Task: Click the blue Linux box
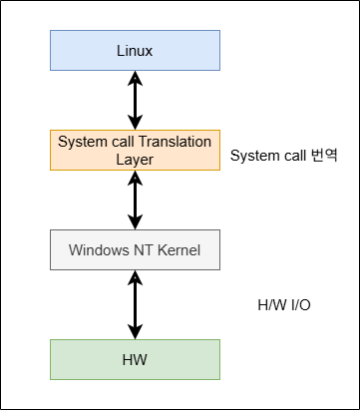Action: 135,51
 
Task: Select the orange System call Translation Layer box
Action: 135,151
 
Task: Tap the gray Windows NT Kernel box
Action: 135,250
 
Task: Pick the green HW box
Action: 135,359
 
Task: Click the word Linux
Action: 135,51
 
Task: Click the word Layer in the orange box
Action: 135,160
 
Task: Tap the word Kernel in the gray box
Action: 179,250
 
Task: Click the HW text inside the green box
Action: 135,360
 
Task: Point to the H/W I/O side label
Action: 284,305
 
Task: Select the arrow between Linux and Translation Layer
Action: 135,101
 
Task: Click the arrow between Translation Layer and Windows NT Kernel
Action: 135,201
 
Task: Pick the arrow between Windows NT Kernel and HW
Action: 135,305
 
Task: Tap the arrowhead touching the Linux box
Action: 135,78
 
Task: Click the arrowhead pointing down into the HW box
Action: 135,332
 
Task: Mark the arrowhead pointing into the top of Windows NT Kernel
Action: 135,222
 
